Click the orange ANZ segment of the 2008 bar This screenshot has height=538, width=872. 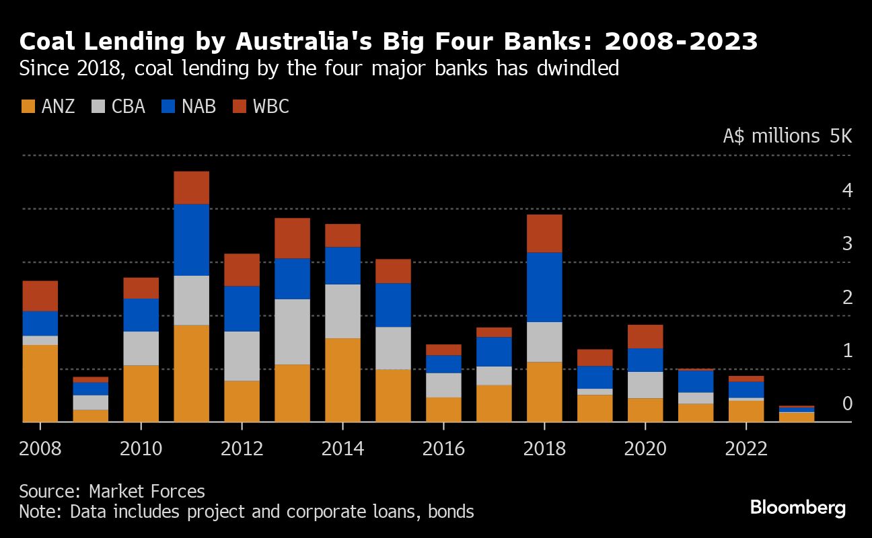[40, 383]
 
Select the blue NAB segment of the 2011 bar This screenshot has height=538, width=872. [191, 239]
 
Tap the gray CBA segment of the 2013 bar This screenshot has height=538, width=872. [292, 332]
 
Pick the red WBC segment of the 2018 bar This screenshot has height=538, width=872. [544, 233]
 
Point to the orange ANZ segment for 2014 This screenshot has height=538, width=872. [342, 380]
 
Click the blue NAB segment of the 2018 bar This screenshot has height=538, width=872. [544, 287]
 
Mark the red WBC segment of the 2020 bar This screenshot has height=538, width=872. [645, 336]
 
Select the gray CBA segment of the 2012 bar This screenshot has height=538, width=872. [242, 356]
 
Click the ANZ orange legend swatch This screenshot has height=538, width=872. [28, 106]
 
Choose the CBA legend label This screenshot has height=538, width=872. [129, 106]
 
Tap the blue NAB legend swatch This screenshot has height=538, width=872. [169, 106]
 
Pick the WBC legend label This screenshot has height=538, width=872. [271, 106]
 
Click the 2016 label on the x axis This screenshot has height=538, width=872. [443, 449]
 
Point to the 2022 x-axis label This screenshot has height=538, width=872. [746, 449]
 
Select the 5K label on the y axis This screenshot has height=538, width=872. [840, 137]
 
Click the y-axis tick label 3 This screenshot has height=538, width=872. [847, 243]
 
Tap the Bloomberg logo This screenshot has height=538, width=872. [798, 507]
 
